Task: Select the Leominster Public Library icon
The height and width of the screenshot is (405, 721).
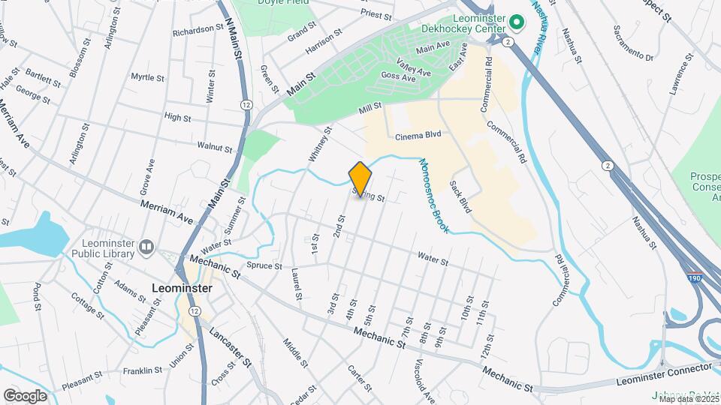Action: pos(146,246)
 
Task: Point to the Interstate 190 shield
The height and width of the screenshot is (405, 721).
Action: pos(696,277)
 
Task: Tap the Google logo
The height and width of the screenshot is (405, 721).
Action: pos(25,395)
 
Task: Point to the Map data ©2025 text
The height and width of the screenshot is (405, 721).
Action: pos(689,399)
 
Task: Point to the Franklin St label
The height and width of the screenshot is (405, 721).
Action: pos(143,370)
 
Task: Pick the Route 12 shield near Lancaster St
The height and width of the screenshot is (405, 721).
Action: pos(195,310)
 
